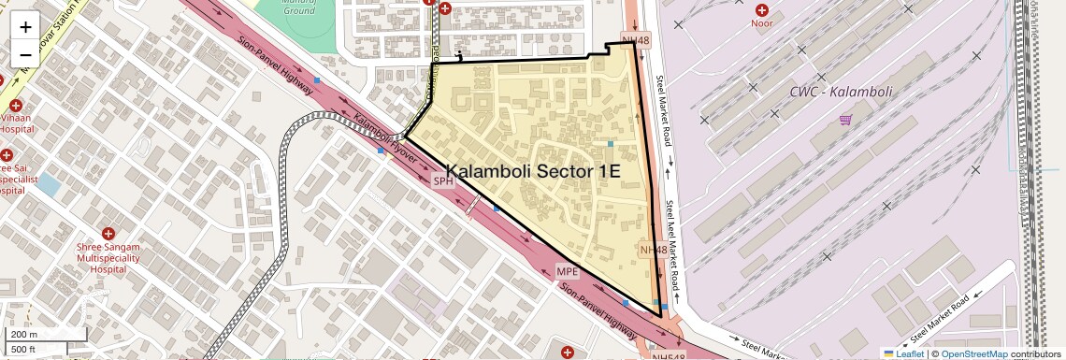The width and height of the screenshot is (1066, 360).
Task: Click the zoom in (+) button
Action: click(25, 26)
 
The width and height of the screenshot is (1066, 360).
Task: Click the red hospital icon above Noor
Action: click(761, 9)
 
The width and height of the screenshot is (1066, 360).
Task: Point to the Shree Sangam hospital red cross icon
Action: click(108, 233)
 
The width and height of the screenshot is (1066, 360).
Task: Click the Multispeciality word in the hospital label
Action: click(108, 257)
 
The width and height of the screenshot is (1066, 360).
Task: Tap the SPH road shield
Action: click(442, 180)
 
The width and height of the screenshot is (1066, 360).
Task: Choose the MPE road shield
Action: click(568, 272)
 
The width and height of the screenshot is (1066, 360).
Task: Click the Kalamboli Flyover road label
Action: click(384, 137)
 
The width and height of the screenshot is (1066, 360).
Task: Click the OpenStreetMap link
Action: click(973, 353)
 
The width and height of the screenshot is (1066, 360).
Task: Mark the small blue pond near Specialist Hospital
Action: click(47, 183)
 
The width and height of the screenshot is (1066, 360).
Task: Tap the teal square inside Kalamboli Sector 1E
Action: click(610, 143)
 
